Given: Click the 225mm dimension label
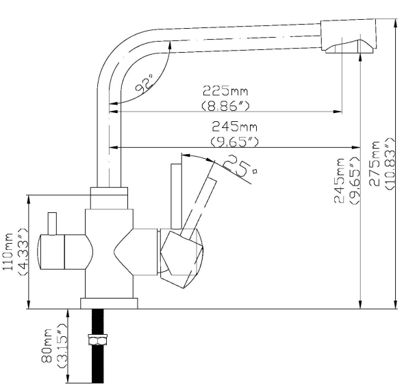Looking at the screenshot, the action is (x=225, y=90).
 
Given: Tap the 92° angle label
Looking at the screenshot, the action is (x=144, y=84).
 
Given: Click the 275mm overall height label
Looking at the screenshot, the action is (x=375, y=164).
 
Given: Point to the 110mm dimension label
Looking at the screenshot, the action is (x=8, y=251).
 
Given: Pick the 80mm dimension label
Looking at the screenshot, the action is (x=47, y=346).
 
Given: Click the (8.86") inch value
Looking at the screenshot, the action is (x=225, y=105).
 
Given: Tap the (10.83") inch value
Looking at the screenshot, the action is (x=390, y=164).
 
